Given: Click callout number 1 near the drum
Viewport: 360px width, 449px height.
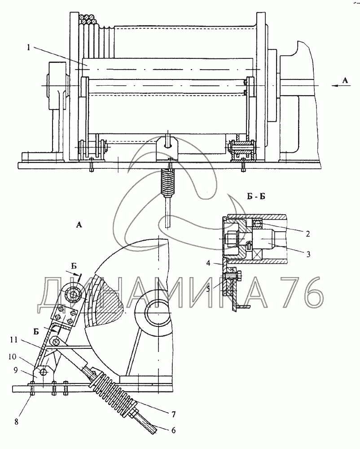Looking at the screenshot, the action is tap(29, 48).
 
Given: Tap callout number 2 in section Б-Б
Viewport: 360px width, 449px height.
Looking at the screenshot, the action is tap(307, 233).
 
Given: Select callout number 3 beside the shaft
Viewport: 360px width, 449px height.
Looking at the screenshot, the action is tap(308, 254).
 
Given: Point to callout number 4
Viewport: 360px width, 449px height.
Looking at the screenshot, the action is tap(208, 263).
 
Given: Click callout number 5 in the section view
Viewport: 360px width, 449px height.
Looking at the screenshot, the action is tap(208, 289).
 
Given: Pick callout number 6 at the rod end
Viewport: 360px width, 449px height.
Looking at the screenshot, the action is tap(173, 431).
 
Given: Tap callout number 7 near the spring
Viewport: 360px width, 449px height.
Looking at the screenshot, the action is tap(173, 414).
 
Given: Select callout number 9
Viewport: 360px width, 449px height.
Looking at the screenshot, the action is tap(16, 370).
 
